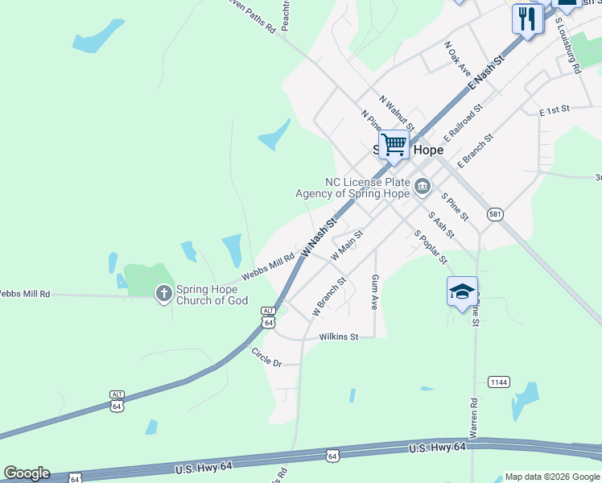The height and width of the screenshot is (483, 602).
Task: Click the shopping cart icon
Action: (x=394, y=146)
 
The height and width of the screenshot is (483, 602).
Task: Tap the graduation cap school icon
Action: (x=463, y=291)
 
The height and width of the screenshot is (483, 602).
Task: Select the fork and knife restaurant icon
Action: (x=526, y=19)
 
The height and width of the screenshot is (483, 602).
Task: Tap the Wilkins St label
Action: (x=338, y=337)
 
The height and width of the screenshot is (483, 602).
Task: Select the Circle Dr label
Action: (x=266, y=357)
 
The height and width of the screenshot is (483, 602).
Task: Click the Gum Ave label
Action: (x=375, y=291)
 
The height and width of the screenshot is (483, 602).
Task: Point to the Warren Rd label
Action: (x=474, y=418)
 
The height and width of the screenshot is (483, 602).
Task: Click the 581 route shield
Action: (x=495, y=214)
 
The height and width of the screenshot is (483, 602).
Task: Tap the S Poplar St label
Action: (x=431, y=246)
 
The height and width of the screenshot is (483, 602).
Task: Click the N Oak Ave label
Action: (x=457, y=58)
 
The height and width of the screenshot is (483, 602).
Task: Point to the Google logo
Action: (x=27, y=473)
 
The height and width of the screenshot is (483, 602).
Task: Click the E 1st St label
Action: (x=555, y=108)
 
